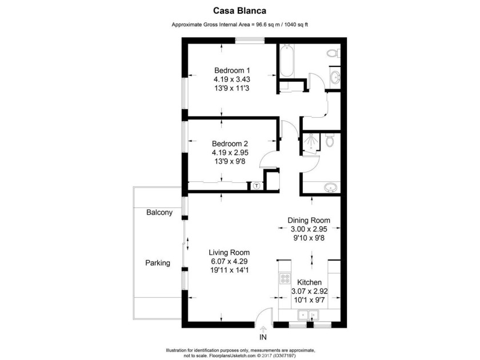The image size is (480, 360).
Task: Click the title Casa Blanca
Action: [240, 10]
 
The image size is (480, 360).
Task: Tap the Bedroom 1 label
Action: [221, 70]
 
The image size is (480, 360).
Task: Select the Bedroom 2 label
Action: [221, 143]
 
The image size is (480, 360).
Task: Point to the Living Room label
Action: [229, 252]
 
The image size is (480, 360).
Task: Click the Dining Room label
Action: [309, 220]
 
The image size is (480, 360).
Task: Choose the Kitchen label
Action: [309, 282]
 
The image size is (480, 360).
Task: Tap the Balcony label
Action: [159, 213]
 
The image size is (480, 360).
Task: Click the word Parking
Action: [157, 263]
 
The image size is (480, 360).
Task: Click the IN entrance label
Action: [263, 337]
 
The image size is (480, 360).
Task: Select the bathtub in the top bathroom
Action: [286, 63]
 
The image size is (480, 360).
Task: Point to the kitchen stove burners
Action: [284, 280]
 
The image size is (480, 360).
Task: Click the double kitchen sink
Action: [307, 315]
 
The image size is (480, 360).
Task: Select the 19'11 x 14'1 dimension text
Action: [229, 271]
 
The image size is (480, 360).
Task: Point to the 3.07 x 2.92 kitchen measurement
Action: [309, 291]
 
